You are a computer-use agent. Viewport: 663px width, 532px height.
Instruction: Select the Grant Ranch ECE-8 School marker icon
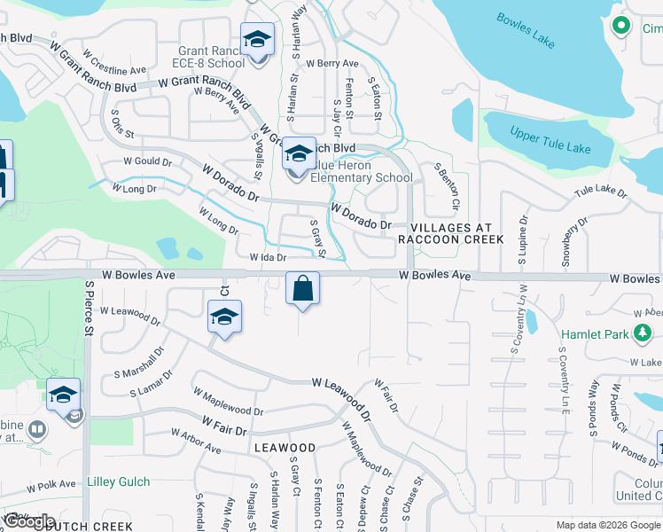(257, 41)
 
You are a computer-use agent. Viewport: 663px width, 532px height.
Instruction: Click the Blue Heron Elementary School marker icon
(299, 154)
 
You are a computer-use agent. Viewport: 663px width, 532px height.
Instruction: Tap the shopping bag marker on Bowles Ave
(302, 287)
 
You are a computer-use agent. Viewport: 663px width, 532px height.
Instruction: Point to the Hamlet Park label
(596, 333)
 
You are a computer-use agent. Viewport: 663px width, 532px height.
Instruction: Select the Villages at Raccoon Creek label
(450, 233)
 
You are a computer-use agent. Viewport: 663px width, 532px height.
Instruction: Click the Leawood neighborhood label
(285, 448)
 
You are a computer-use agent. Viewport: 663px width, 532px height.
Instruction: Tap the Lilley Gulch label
(119, 482)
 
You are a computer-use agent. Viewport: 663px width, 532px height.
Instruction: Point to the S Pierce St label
(90, 309)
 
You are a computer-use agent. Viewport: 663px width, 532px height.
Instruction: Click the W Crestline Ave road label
(118, 69)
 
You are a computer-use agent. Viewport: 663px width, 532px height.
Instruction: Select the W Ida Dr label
(268, 257)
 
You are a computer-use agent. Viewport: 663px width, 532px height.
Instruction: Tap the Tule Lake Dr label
(600, 191)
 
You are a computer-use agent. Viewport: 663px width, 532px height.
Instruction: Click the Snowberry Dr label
(574, 241)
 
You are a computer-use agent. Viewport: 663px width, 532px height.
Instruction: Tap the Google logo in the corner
(30, 520)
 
